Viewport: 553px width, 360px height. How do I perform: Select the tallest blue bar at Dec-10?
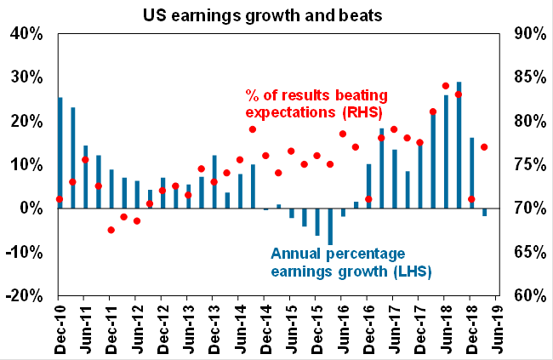coord(60,153)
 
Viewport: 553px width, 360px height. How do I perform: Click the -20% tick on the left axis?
coord(24,295)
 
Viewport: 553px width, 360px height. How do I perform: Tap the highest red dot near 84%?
coord(445,86)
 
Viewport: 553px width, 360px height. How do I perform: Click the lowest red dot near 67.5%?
coord(111,230)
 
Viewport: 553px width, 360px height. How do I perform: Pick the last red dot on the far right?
coord(484,147)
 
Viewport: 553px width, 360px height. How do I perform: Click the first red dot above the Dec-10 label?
coord(60,199)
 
